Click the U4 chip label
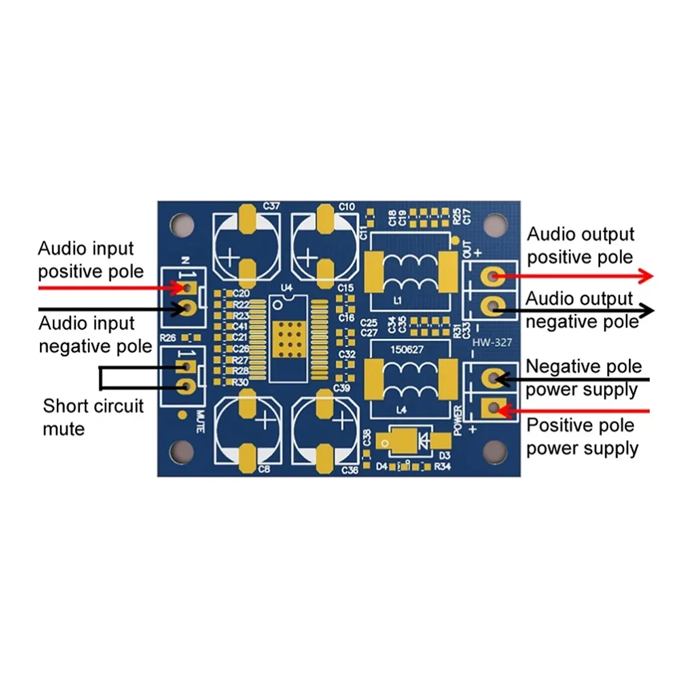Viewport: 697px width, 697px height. [x=286, y=288]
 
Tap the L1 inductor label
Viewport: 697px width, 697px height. [x=398, y=301]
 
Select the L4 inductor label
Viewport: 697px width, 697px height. [x=401, y=410]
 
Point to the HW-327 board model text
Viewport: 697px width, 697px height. [x=492, y=342]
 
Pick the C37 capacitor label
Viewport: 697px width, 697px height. [x=271, y=206]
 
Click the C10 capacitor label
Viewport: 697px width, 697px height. [x=347, y=207]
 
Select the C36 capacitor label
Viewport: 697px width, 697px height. [x=350, y=470]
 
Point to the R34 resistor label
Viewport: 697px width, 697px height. [x=443, y=467]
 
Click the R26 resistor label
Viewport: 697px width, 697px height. [x=168, y=337]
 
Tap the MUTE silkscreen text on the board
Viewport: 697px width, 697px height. [x=200, y=422]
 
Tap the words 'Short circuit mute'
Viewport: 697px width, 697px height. [x=93, y=417]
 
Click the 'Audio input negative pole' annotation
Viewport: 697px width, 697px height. [x=95, y=335]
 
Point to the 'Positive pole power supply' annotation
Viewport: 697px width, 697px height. [x=582, y=437]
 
